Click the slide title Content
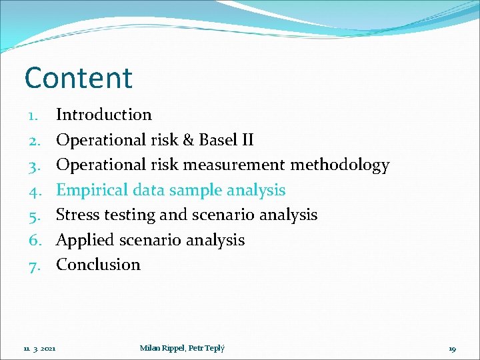[x=79, y=78]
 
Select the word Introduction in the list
[x=104, y=115]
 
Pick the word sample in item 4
[x=197, y=191]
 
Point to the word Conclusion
[x=98, y=265]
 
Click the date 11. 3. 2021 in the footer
[x=39, y=348]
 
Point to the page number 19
[x=452, y=348]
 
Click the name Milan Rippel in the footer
[x=161, y=347]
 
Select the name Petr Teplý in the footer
[x=207, y=347]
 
